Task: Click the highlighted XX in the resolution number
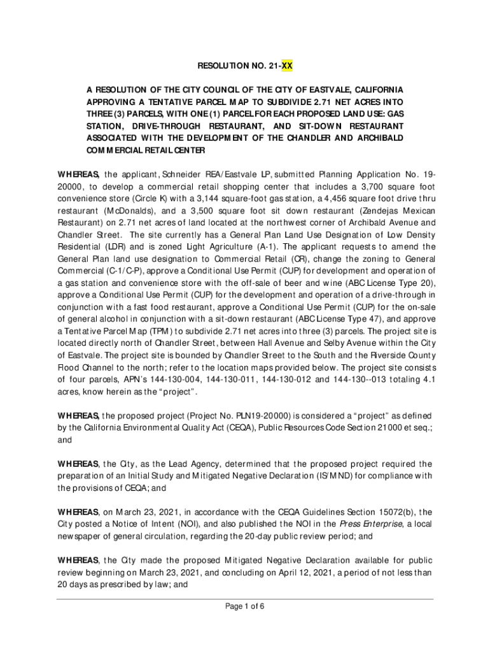tap(287, 65)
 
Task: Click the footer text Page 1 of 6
tap(245, 606)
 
